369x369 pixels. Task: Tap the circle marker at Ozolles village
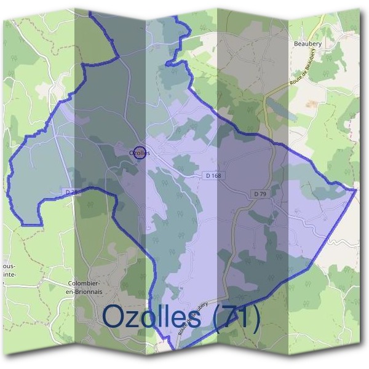(x=140, y=153)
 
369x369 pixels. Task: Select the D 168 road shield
(x=213, y=176)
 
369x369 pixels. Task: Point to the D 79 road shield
(x=260, y=194)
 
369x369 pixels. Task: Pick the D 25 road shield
(x=72, y=192)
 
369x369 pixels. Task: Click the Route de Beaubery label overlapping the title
(x=192, y=318)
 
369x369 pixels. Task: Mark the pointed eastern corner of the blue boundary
(x=356, y=190)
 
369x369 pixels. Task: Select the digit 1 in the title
(x=245, y=316)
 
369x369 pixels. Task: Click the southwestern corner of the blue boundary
(x=23, y=224)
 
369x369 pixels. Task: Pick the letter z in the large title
(x=137, y=319)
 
